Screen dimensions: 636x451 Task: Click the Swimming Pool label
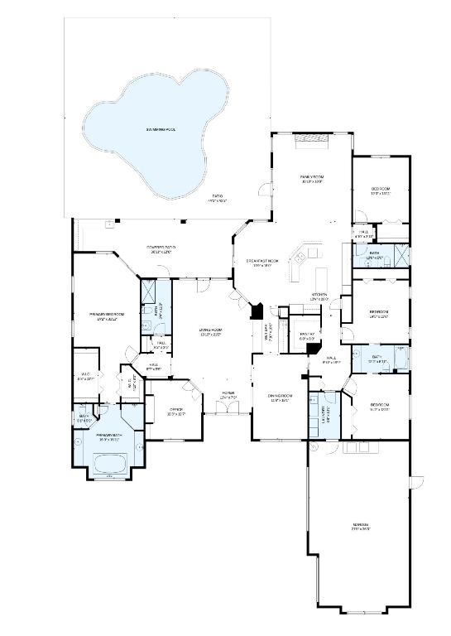coord(161,130)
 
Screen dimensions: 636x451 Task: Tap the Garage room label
coord(360,526)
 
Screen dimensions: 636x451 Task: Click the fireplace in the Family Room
coord(312,141)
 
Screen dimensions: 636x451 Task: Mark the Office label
coord(175,411)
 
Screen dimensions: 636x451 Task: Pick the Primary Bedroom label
coord(107,316)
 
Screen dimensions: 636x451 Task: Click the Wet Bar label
coord(267,336)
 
